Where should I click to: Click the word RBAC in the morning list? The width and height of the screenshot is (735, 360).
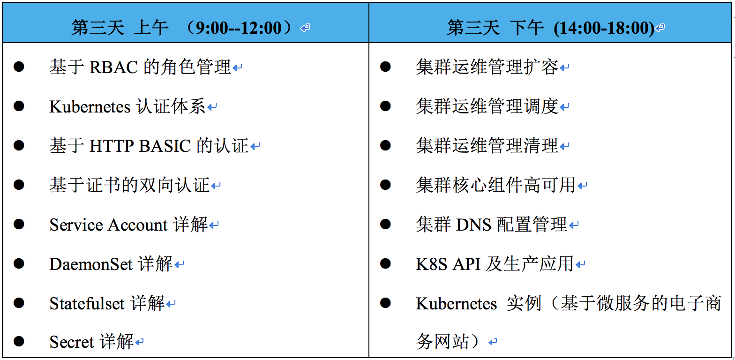coord(113,67)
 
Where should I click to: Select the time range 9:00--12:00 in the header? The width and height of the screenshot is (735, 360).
coord(239,28)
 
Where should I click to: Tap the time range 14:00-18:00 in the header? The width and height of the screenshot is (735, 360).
coord(604,28)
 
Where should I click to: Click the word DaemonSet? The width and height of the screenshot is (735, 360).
coord(91,264)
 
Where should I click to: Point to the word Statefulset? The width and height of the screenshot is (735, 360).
coord(87,304)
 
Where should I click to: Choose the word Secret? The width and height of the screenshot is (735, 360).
coord(72,342)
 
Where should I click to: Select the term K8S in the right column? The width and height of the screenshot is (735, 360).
coord(431,264)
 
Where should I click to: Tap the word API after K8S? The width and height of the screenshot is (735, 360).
coord(466,264)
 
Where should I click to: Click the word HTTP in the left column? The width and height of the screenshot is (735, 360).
coord(112,146)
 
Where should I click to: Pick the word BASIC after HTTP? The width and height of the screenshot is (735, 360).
coord(165,146)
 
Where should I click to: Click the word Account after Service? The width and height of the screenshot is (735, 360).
coord(138,225)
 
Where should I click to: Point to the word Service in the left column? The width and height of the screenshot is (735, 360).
coord(76,225)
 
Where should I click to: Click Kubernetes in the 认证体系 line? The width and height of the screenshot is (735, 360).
coord(90,107)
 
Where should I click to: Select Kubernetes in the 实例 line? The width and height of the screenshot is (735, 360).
coord(456,304)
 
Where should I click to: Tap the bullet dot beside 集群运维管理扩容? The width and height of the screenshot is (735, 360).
coord(385,67)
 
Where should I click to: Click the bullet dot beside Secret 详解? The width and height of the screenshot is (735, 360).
coord(19,341)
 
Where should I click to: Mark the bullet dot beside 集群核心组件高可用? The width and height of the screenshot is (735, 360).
coord(385,185)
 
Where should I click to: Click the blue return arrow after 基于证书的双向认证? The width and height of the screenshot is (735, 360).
coord(216,186)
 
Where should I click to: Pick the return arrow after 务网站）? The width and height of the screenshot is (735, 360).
coord(493,342)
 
